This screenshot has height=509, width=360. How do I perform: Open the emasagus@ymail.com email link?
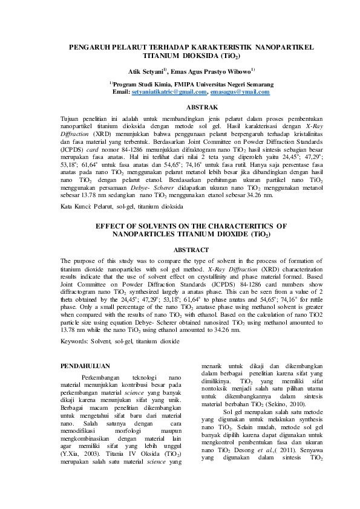coord(239,91)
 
